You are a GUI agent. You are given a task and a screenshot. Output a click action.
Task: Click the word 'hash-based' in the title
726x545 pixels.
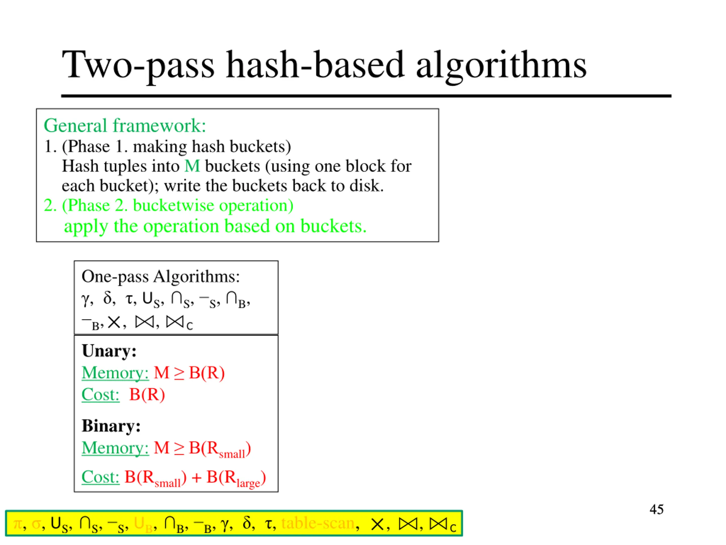tap(315, 65)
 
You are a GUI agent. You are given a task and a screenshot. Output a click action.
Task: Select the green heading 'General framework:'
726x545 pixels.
tap(125, 125)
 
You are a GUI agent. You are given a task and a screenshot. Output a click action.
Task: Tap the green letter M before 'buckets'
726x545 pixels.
tap(192, 166)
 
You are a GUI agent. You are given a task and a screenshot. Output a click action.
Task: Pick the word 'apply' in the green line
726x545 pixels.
tap(86, 227)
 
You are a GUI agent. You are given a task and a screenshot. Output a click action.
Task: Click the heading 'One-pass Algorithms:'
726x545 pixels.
tap(161, 276)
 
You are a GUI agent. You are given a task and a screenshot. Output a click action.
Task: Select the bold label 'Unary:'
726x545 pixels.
tap(109, 351)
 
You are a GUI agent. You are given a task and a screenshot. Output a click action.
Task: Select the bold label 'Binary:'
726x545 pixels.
tap(111, 426)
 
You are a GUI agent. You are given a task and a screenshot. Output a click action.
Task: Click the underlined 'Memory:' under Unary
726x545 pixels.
tap(115, 373)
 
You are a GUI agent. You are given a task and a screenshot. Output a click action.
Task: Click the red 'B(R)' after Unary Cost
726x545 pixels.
tap(147, 395)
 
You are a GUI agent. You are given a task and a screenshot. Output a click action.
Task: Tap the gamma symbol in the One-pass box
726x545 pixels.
tap(85, 299)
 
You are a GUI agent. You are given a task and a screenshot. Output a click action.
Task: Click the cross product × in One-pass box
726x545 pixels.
tap(114, 322)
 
